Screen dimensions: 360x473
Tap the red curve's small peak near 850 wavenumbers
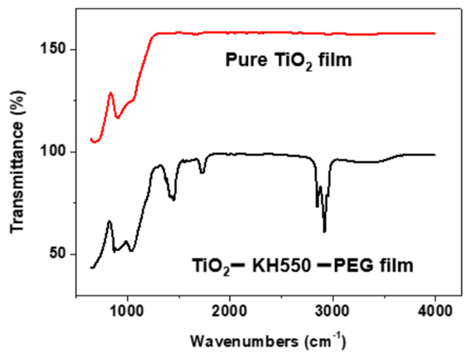coord(111,93)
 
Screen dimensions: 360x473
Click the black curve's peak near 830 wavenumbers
coord(109,221)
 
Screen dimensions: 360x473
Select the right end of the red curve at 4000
coord(435,34)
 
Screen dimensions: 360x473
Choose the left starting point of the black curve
coord(91,268)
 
